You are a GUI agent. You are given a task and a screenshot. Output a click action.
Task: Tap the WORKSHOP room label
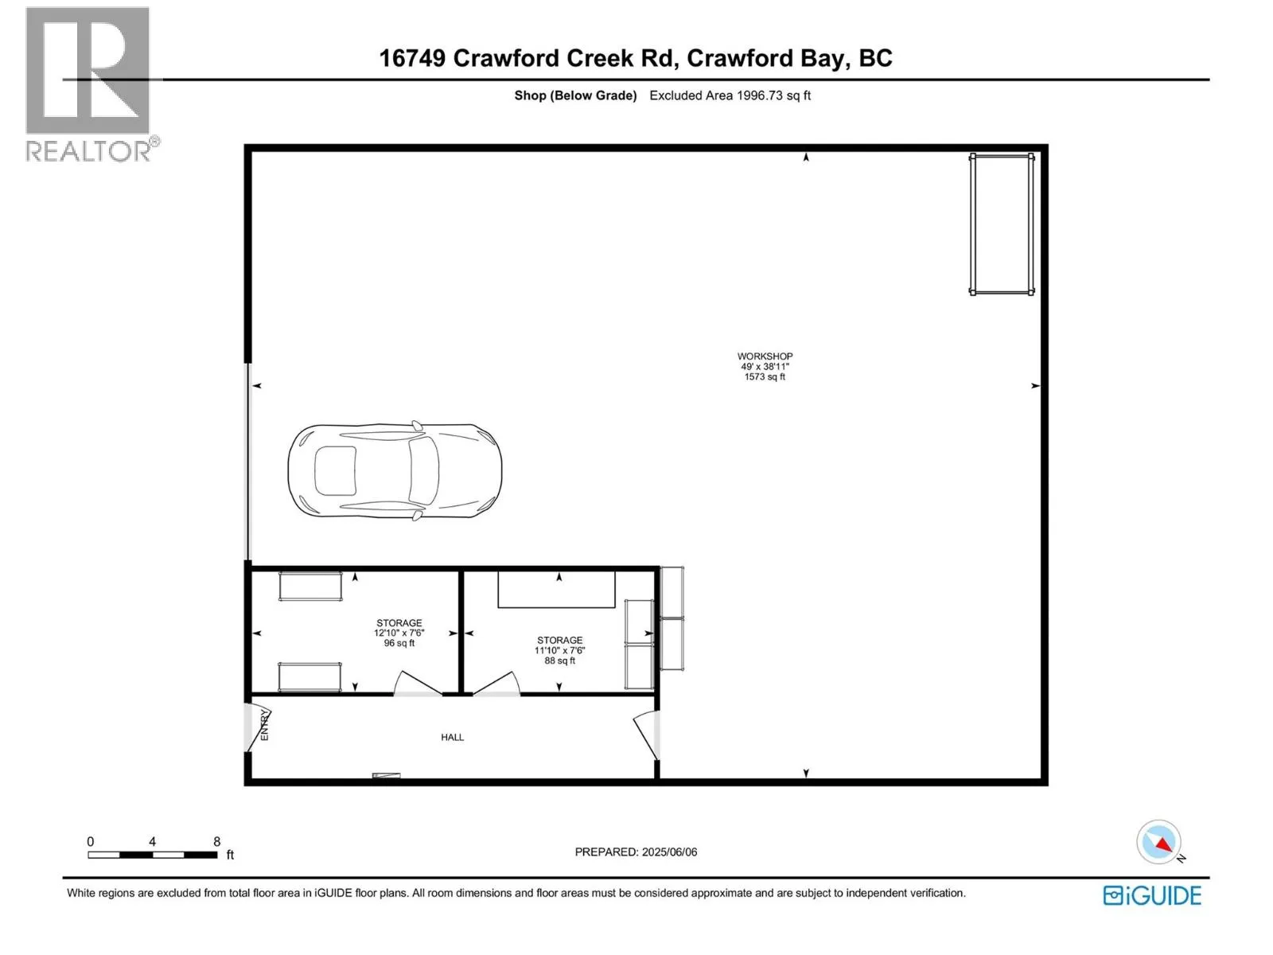tap(765, 356)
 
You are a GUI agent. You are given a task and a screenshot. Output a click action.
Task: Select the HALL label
tap(452, 737)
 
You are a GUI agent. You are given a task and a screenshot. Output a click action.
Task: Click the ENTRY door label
tap(264, 725)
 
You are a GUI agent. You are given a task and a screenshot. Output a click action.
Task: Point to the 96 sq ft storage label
tap(399, 633)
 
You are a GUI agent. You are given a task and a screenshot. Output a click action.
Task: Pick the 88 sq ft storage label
tap(559, 650)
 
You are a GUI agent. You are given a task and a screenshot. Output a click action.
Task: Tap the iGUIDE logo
tap(1151, 895)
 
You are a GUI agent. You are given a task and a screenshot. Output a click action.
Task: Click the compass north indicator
tap(1159, 844)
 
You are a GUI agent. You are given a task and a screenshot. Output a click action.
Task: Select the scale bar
tap(153, 855)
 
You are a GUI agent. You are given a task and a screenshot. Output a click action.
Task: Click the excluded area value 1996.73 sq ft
tap(773, 95)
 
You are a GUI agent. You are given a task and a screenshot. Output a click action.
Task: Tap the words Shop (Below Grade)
tap(575, 95)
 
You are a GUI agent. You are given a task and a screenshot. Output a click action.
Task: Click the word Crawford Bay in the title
tap(765, 59)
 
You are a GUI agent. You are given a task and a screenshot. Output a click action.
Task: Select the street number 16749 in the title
tap(412, 58)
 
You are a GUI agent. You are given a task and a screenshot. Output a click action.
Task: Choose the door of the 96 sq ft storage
tap(418, 683)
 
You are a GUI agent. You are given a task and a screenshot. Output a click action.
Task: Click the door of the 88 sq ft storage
tap(496, 683)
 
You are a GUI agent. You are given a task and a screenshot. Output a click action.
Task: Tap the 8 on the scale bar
tap(217, 841)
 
